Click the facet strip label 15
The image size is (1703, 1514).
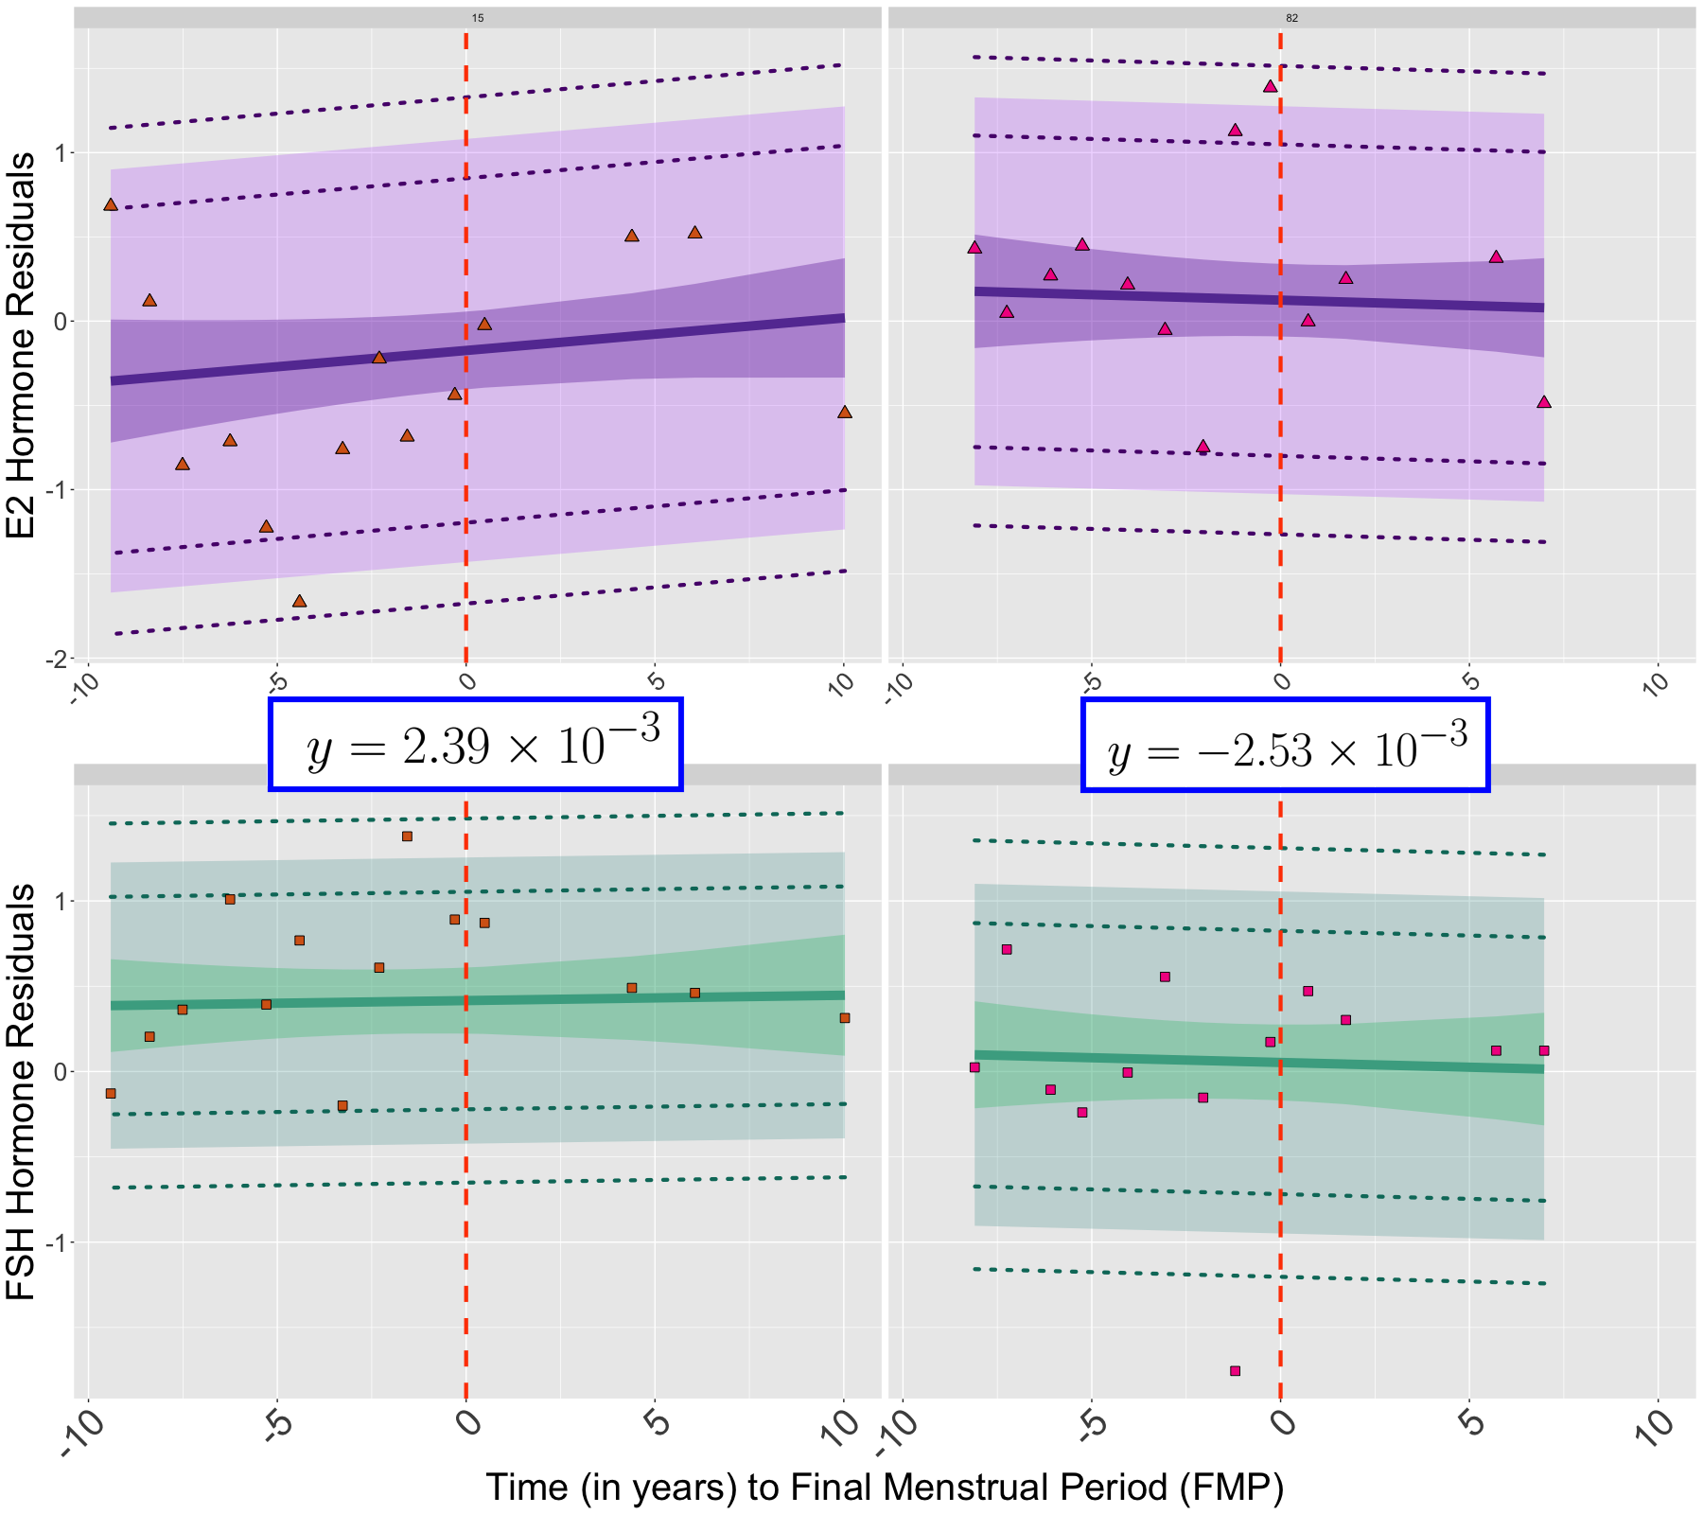coord(478,18)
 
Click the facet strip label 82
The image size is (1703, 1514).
coord(1291,18)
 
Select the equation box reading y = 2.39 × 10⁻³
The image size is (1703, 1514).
coord(476,745)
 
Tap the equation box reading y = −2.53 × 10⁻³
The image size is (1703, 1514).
coord(1286,745)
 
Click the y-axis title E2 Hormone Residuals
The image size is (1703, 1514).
coord(21,345)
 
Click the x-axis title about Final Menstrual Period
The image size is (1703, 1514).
coord(885,1487)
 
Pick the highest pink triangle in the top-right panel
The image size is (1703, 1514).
coord(1270,87)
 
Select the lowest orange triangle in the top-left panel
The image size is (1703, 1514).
coord(299,602)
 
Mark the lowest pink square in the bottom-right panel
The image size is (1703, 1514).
coord(1235,1370)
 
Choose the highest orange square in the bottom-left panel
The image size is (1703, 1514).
coord(407,836)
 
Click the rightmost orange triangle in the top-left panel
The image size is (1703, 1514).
coord(845,413)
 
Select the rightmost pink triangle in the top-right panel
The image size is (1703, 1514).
coord(1544,402)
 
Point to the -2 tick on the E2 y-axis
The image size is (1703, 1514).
coord(59,659)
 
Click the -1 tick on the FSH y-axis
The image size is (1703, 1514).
coord(59,1242)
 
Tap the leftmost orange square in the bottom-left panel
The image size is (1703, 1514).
coord(111,1093)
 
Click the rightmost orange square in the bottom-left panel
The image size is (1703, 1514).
coord(845,1018)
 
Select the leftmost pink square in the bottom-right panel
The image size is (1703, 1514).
coord(974,1067)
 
